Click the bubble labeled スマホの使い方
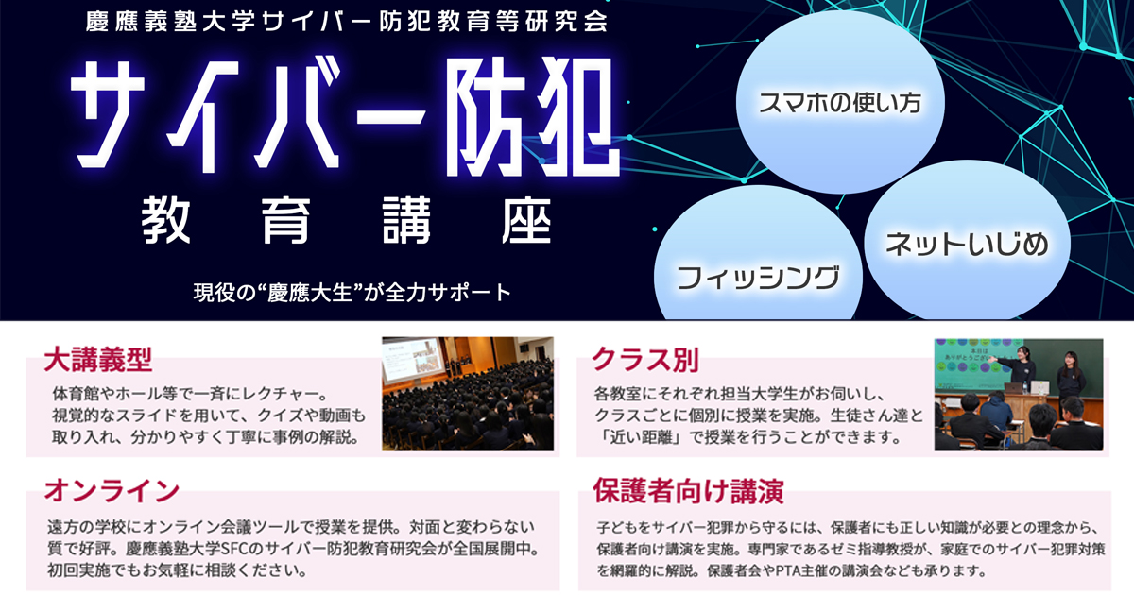point(840,102)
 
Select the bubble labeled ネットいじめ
point(967,242)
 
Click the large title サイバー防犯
point(344,116)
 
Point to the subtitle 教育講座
point(346,221)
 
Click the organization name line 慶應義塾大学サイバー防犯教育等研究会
point(347,21)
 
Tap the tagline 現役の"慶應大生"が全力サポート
point(352,293)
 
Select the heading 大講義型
point(97,360)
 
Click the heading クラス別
point(645,360)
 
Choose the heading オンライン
point(112,491)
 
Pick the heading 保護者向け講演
point(689,491)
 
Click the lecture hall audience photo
point(468,394)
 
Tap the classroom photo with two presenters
point(1019,395)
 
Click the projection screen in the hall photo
point(413,360)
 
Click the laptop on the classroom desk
point(1015,388)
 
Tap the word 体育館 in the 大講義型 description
point(75,394)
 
